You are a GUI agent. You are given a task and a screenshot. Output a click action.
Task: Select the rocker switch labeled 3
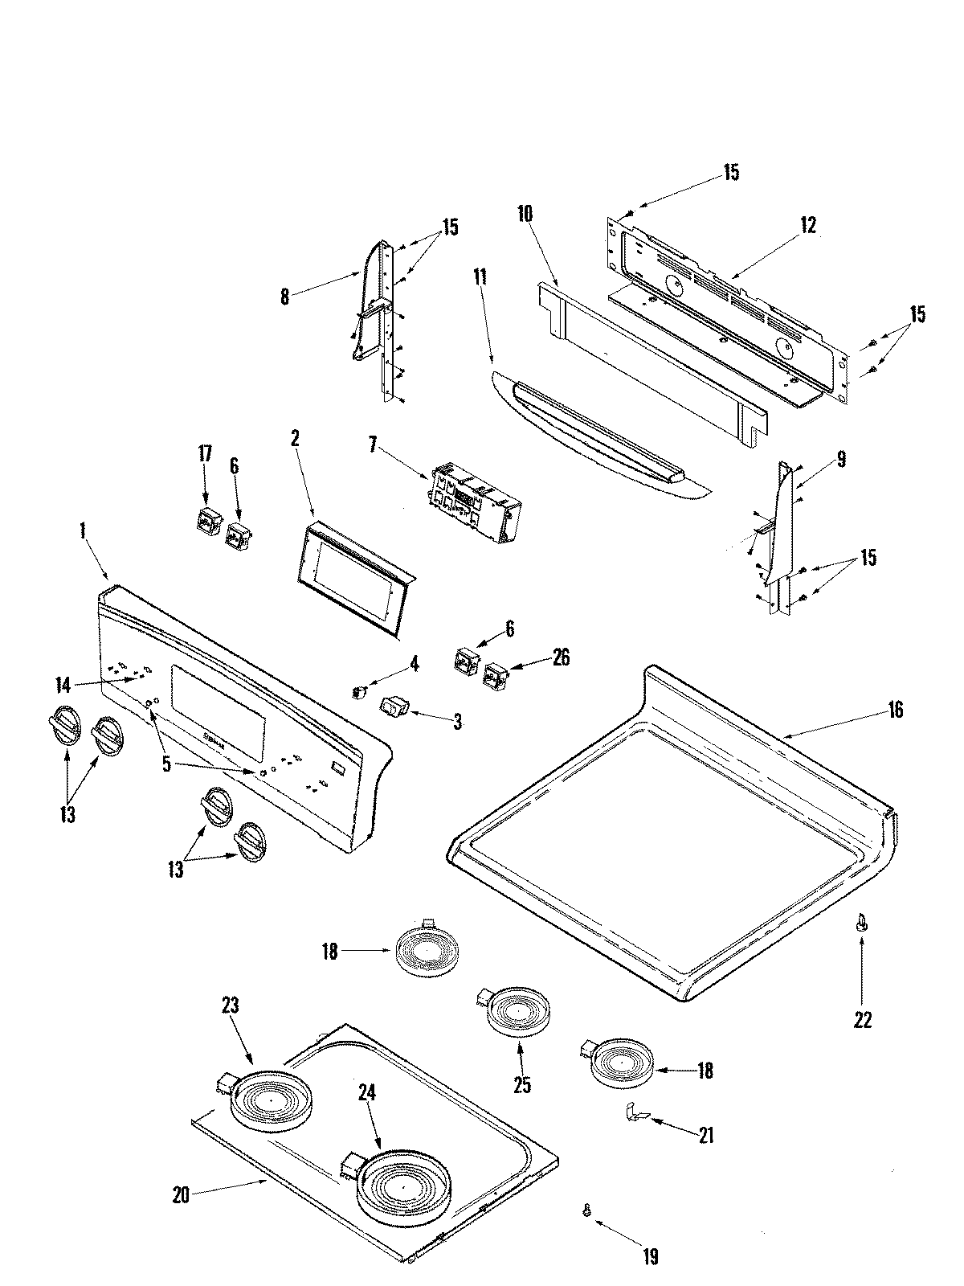(x=394, y=707)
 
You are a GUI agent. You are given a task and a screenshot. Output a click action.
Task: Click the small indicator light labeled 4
(x=361, y=690)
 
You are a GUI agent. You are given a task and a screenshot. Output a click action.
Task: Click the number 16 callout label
(x=895, y=710)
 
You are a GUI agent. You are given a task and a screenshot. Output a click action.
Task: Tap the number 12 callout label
(x=807, y=226)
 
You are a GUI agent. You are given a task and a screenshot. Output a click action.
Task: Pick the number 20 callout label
(x=181, y=1195)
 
